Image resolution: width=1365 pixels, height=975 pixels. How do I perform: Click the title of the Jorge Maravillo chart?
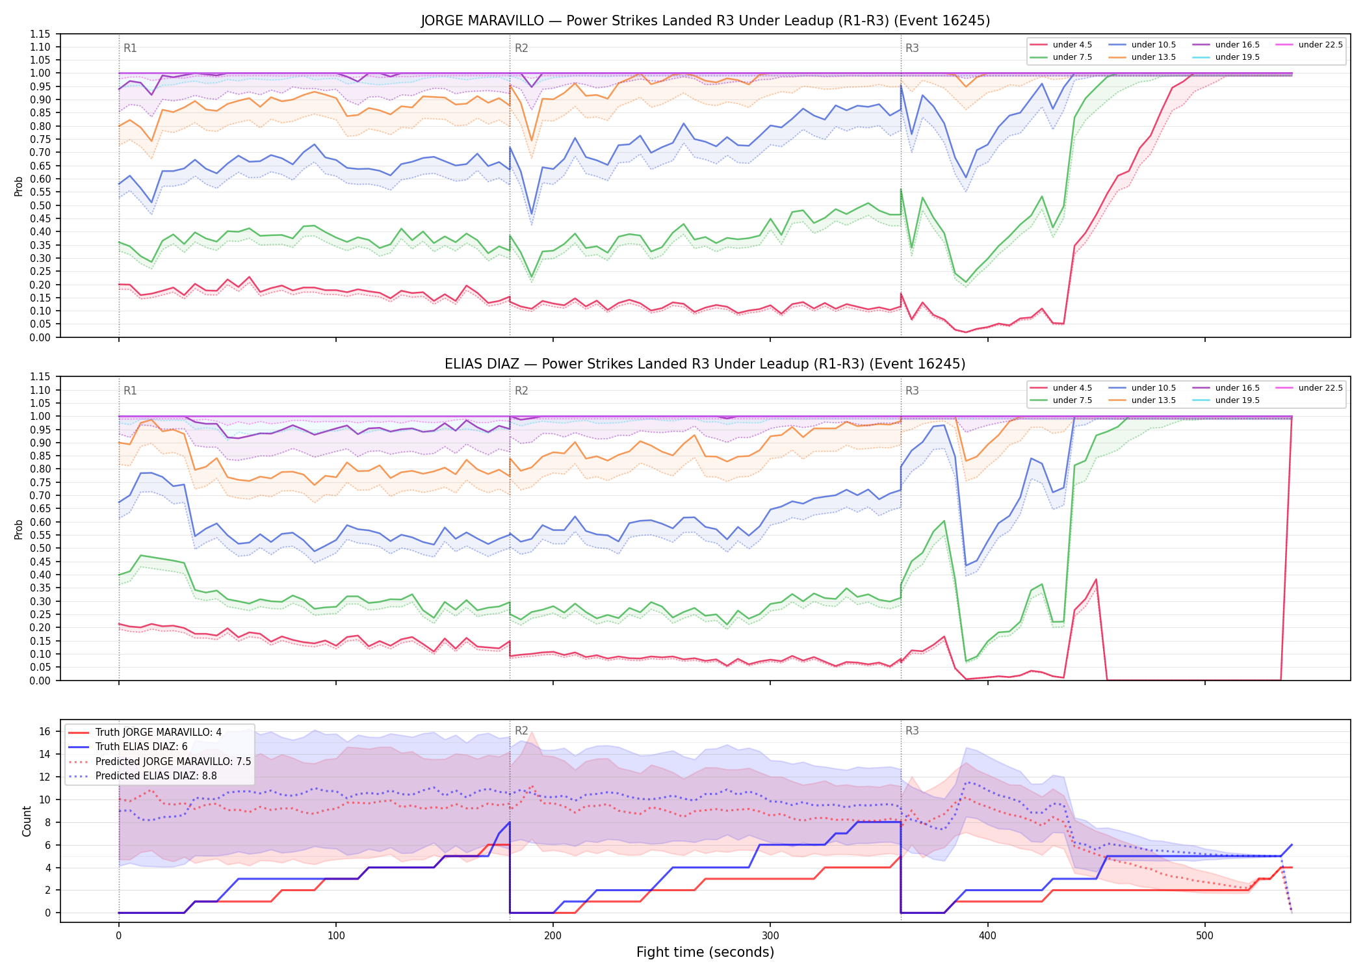(x=705, y=21)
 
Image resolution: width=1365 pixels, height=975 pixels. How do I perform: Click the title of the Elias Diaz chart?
(x=705, y=364)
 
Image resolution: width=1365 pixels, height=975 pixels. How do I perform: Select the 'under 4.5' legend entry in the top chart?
(x=1061, y=45)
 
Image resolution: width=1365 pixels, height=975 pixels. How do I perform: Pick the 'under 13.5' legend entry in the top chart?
(x=1142, y=57)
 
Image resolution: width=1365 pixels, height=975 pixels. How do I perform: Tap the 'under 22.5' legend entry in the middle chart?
(x=1309, y=388)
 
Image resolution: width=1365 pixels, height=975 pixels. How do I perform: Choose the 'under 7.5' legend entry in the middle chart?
(x=1061, y=400)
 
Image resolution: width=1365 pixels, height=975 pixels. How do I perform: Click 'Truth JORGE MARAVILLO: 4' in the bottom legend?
(x=144, y=733)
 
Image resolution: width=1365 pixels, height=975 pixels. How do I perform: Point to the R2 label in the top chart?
(x=521, y=48)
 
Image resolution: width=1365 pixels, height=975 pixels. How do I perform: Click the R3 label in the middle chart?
(x=912, y=391)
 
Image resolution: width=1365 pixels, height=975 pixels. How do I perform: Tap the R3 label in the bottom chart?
(x=912, y=731)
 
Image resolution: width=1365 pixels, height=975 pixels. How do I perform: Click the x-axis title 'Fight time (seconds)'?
(x=705, y=952)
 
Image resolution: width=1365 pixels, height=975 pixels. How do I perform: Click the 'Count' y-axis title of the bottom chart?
(x=27, y=821)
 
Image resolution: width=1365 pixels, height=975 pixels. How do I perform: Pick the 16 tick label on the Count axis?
(x=45, y=732)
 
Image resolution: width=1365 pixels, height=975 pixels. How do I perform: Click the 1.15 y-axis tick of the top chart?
(x=40, y=34)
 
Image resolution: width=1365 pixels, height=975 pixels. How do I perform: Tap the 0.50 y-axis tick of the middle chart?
(x=40, y=549)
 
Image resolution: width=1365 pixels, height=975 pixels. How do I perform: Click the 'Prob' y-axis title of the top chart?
(x=19, y=187)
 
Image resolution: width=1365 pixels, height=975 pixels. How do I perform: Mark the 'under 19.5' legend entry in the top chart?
(x=1226, y=57)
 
